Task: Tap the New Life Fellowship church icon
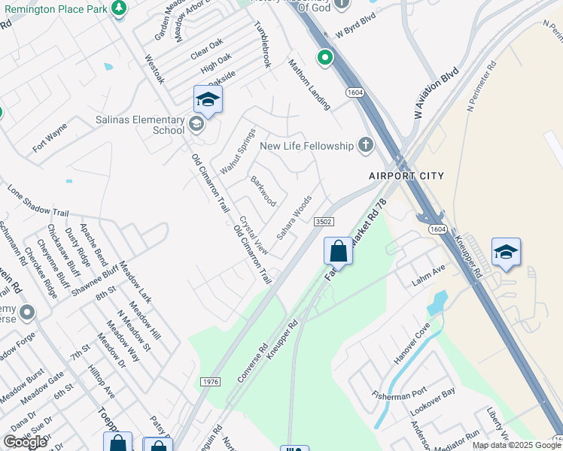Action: click(365, 145)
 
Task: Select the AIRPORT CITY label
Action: click(406, 175)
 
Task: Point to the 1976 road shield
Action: click(211, 382)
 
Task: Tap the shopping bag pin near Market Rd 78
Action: click(339, 251)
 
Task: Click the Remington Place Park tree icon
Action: click(118, 8)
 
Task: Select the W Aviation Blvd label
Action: click(437, 95)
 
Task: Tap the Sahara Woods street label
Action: click(294, 217)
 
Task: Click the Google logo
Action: click(25, 442)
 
